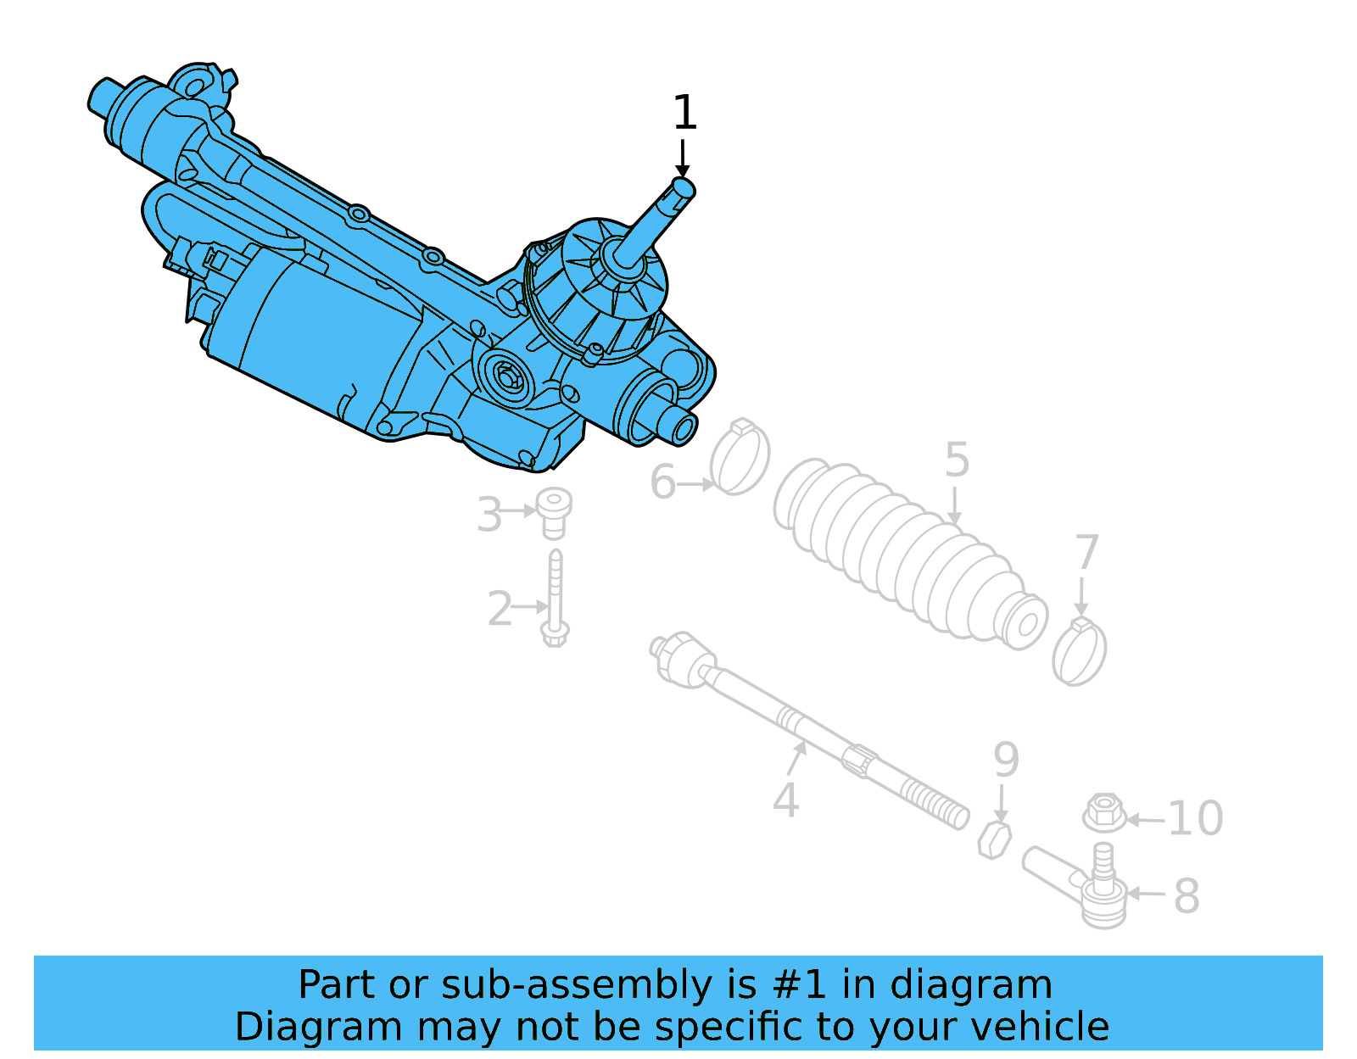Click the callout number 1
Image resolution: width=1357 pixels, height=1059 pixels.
click(x=684, y=113)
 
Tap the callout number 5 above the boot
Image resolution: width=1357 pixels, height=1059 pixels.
click(x=957, y=460)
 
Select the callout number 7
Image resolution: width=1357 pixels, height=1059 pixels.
click(x=1086, y=553)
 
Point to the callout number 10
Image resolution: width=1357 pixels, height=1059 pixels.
click(x=1196, y=819)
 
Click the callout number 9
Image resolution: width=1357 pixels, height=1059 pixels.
click(x=1006, y=760)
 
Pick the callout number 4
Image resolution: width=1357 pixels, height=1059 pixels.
click(x=785, y=800)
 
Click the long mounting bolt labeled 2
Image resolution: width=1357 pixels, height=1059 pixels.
click(x=556, y=598)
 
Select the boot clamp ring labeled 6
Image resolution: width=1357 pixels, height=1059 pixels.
click(x=740, y=458)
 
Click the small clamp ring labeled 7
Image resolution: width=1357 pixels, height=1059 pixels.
click(x=1079, y=652)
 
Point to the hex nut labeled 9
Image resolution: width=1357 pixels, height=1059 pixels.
click(x=994, y=839)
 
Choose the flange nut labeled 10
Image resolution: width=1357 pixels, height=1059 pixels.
click(x=1104, y=813)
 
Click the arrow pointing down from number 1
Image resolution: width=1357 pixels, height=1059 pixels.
click(x=682, y=159)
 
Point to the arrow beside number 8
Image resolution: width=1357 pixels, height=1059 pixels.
click(x=1146, y=894)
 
